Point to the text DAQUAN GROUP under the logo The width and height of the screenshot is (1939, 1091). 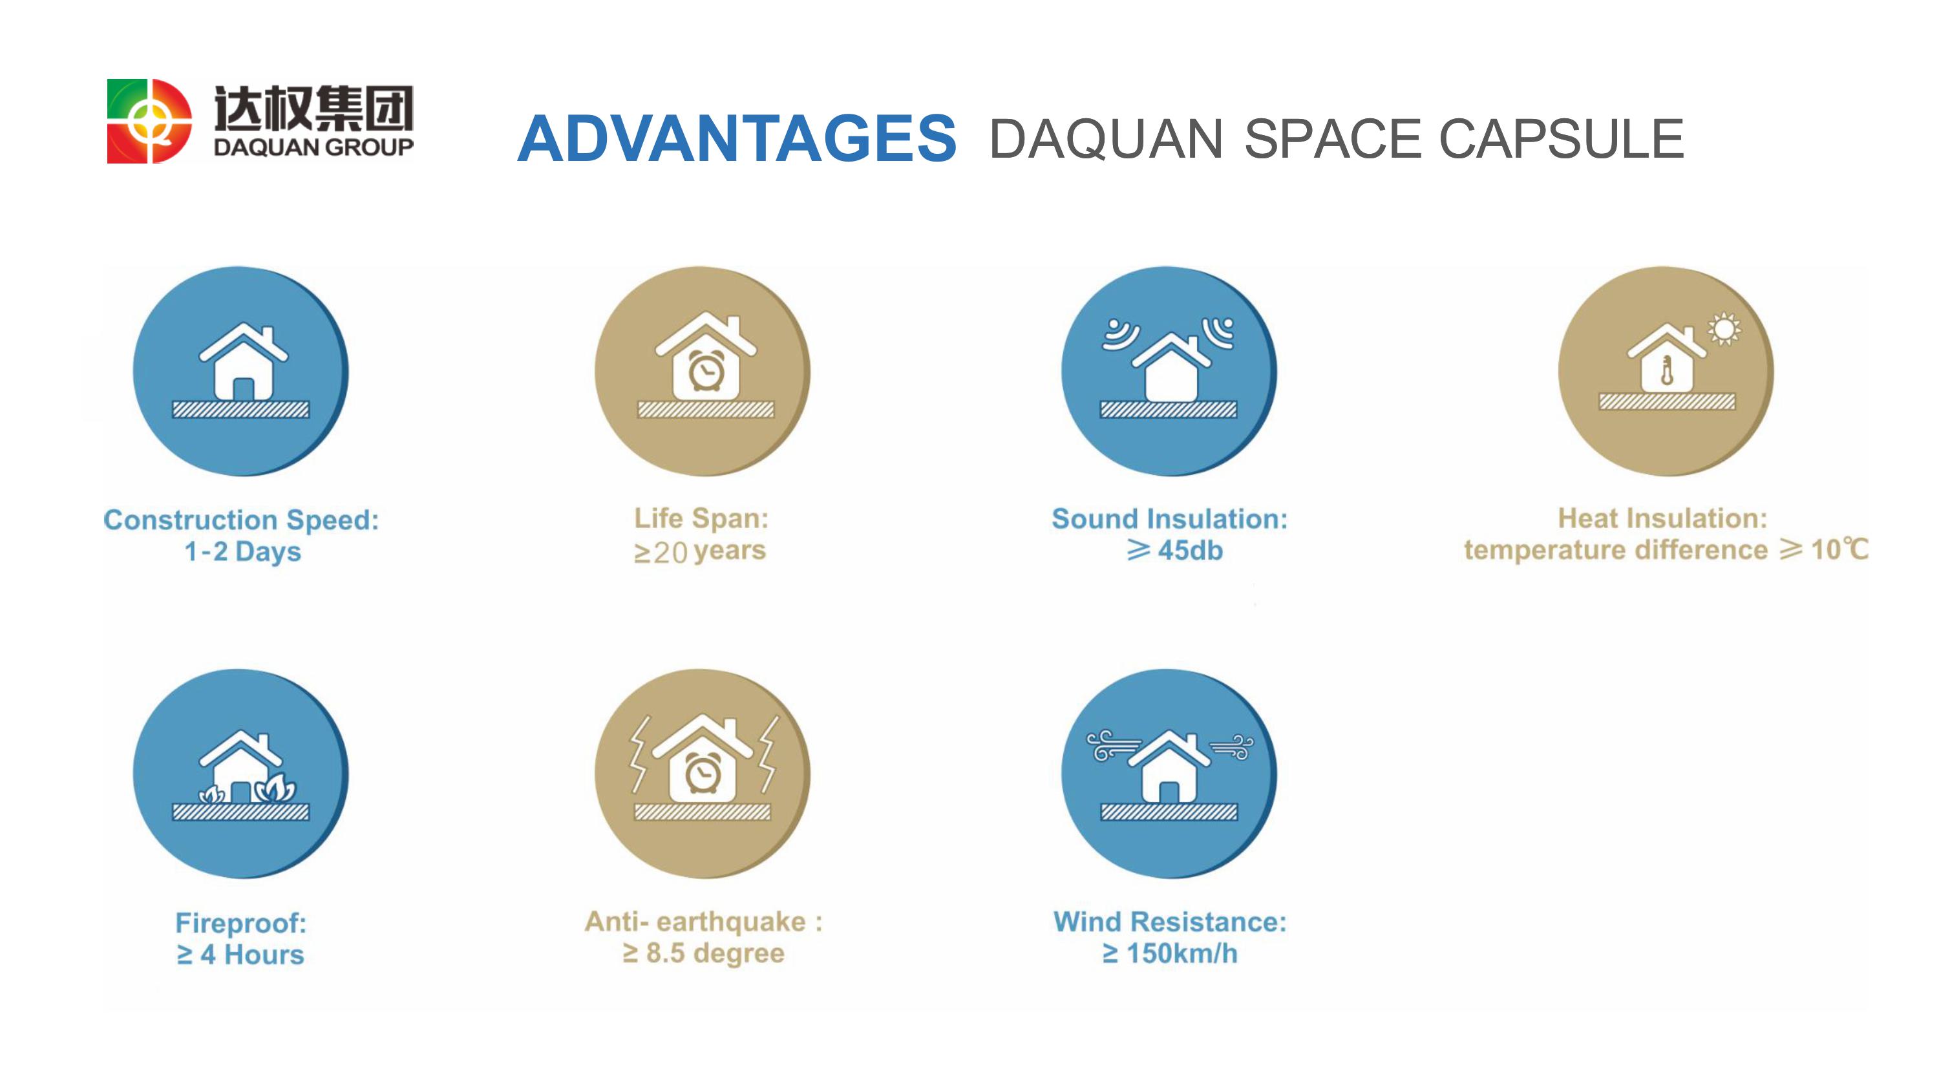pyautogui.click(x=313, y=147)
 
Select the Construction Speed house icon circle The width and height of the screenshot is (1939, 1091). pyautogui.click(x=241, y=371)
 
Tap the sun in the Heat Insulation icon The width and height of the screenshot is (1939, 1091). pyautogui.click(x=1724, y=329)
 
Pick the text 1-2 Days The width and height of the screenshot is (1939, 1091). pyautogui.click(x=242, y=552)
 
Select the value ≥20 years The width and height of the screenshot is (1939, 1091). pyautogui.click(x=699, y=551)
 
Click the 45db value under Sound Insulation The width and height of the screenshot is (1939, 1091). pyautogui.click(x=1190, y=551)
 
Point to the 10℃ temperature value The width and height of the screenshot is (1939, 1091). pyautogui.click(x=1839, y=549)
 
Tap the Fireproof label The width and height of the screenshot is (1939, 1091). pyautogui.click(x=241, y=923)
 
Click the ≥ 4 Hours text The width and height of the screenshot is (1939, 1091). pyautogui.click(x=240, y=955)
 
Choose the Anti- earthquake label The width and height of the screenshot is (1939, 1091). pyautogui.click(x=704, y=922)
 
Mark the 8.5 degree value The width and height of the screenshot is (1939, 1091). pyautogui.click(x=715, y=953)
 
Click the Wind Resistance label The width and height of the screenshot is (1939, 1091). pyautogui.click(x=1170, y=922)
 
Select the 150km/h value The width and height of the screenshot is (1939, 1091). pyautogui.click(x=1181, y=953)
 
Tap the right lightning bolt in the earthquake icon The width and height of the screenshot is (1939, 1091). pyautogui.click(x=768, y=754)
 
